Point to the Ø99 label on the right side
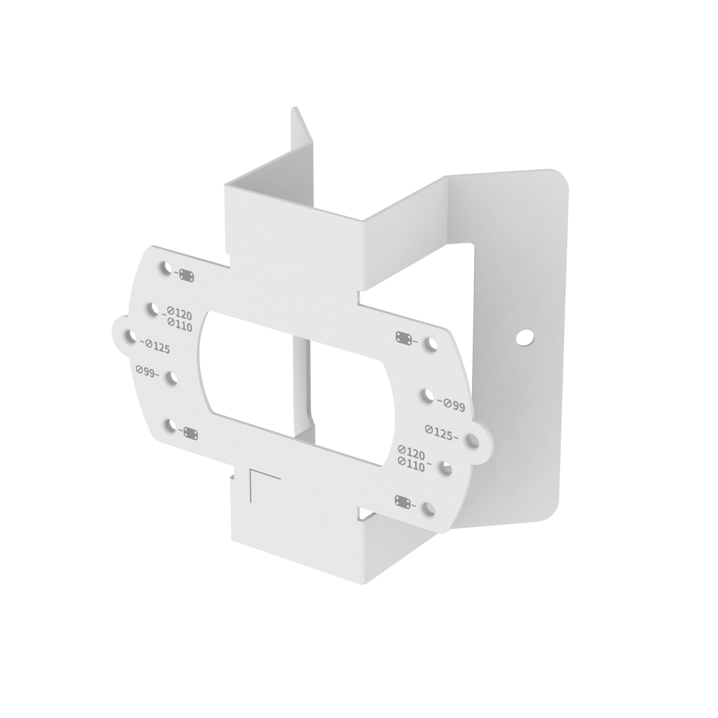452,405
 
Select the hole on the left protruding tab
128,336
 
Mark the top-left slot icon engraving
187,276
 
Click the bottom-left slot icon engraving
189,434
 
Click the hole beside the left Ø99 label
173,379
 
